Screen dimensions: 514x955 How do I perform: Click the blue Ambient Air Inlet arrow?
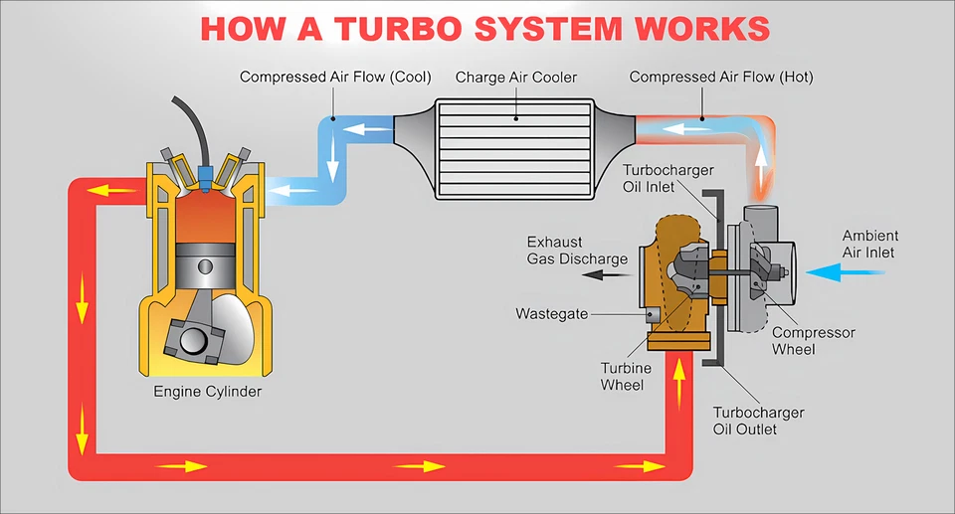(x=833, y=269)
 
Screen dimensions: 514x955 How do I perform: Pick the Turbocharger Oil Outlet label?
(x=758, y=421)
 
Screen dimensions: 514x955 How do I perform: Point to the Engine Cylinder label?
(x=207, y=392)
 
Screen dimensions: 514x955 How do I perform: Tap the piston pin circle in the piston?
(x=206, y=266)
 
